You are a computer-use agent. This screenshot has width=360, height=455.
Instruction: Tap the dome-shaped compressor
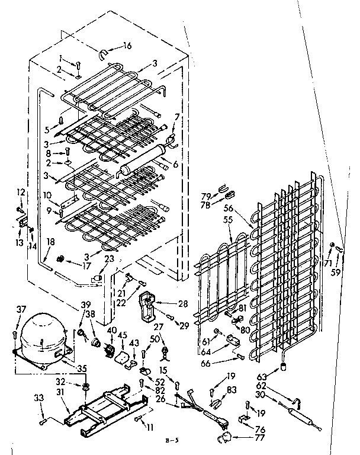41,337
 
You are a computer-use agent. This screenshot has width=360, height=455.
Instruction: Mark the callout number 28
183,303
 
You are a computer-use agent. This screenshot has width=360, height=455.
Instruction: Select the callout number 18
50,241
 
